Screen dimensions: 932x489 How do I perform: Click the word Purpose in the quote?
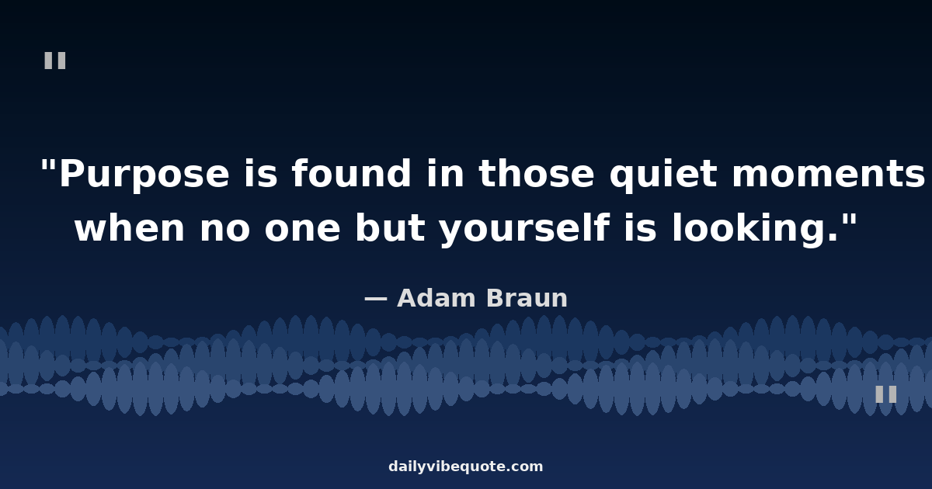[x=144, y=175]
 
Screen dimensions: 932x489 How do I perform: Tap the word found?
[x=351, y=173]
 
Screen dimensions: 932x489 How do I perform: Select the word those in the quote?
[x=537, y=173]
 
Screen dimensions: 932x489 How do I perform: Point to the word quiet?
[x=663, y=175]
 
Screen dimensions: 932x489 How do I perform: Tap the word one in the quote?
[x=302, y=230]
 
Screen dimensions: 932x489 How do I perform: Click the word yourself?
[x=525, y=230]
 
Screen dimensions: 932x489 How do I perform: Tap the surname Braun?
[x=527, y=298]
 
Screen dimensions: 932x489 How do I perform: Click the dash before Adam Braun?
[x=376, y=299]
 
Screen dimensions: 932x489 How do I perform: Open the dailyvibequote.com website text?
[x=465, y=466]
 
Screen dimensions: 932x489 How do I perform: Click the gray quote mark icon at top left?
[x=55, y=61]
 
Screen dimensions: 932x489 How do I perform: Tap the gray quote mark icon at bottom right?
[x=886, y=394]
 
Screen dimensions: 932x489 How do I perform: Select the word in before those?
[x=445, y=173]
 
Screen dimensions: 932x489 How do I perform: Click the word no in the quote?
[x=224, y=230]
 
